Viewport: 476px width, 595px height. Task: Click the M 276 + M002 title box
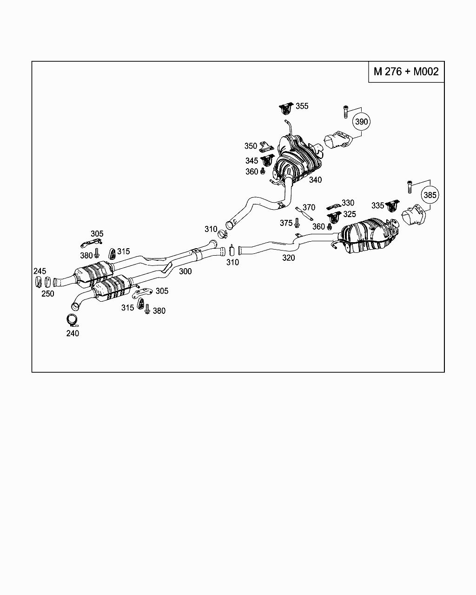click(x=406, y=72)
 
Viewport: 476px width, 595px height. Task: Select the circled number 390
click(x=362, y=122)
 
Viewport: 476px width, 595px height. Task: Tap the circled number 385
click(x=430, y=195)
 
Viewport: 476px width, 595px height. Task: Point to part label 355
click(x=302, y=106)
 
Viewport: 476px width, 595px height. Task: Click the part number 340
click(x=315, y=180)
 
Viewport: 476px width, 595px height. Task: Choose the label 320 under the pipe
click(x=289, y=258)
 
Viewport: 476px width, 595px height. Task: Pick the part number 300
click(x=185, y=271)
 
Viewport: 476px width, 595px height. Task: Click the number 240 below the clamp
click(x=73, y=333)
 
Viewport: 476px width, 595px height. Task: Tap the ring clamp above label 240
click(x=72, y=320)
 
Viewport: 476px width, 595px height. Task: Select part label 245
click(x=40, y=271)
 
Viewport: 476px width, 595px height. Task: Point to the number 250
click(x=48, y=294)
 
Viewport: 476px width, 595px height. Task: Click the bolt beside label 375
click(x=297, y=223)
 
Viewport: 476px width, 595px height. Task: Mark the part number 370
click(x=309, y=207)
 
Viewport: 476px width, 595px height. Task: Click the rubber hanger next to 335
click(x=392, y=205)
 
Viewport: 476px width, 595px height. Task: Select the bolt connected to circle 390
click(x=345, y=112)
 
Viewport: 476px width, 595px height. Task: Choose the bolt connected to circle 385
click(x=410, y=187)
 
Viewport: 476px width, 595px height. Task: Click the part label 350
click(x=251, y=145)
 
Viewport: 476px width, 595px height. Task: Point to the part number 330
click(x=348, y=203)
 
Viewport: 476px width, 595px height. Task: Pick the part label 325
click(x=350, y=214)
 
